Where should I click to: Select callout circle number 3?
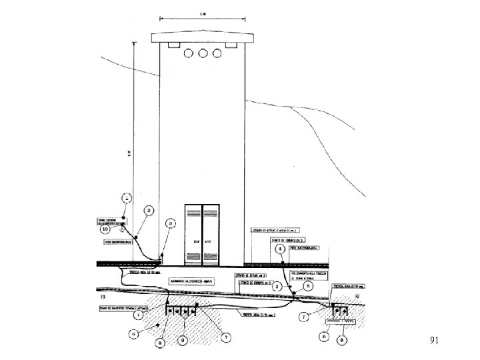[x=171, y=223]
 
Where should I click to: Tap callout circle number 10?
[x=105, y=229]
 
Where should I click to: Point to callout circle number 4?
[x=281, y=249]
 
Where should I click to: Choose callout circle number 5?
[x=307, y=286]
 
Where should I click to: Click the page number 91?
[x=435, y=341]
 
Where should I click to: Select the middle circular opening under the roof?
[x=203, y=53]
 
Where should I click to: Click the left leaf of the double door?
[x=194, y=229]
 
